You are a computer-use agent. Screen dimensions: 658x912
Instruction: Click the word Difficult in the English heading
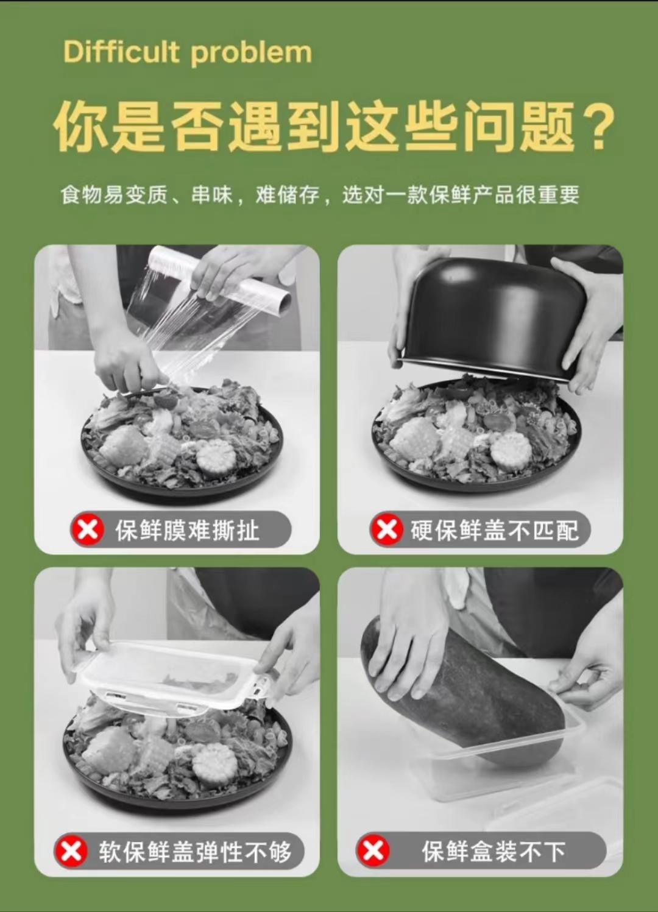[x=121, y=52]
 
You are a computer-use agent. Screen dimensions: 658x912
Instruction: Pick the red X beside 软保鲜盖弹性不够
[x=72, y=852]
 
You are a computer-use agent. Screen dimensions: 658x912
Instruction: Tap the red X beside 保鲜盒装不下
[x=373, y=851]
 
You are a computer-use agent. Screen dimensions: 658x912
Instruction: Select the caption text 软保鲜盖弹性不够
[x=196, y=852]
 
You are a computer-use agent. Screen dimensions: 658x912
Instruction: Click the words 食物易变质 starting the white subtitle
[x=114, y=195]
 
